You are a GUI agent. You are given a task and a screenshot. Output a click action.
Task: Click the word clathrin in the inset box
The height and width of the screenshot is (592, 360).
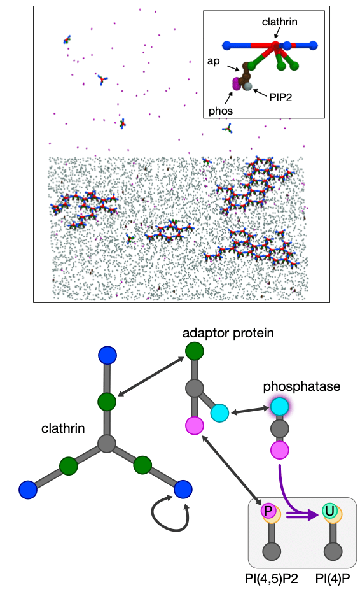[x=279, y=22]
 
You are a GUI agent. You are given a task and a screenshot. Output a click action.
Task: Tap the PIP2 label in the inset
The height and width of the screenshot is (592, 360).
[x=280, y=97]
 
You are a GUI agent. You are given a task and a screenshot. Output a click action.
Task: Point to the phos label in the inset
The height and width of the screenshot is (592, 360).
[x=220, y=111]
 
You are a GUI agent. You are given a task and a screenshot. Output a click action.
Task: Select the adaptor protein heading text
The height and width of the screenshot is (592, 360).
[x=228, y=334]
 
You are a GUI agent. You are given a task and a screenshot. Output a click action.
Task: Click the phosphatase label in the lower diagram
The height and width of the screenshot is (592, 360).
[x=301, y=386]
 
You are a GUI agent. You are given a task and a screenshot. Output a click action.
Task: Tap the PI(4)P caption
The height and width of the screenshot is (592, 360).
[x=333, y=579]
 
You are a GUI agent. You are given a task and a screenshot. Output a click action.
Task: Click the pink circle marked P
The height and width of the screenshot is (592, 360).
[x=268, y=511]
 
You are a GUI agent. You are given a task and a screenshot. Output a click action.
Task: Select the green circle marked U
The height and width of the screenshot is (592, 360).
[x=329, y=511]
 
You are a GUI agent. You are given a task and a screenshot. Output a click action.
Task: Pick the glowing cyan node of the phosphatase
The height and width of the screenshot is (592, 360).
[x=280, y=407]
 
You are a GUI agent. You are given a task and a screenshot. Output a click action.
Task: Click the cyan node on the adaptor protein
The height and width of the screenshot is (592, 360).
[x=219, y=412]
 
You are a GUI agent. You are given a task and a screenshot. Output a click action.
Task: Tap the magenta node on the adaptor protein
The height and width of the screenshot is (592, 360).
[x=195, y=426]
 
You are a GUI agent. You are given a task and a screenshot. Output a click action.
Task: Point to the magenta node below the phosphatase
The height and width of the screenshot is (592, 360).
[x=280, y=449]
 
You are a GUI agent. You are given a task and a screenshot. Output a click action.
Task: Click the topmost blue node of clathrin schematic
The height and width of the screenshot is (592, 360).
[x=107, y=355]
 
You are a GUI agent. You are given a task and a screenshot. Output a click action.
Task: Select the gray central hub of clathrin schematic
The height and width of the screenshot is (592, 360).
[x=107, y=444]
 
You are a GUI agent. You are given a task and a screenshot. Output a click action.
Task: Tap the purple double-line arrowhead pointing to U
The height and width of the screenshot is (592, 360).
[x=312, y=514]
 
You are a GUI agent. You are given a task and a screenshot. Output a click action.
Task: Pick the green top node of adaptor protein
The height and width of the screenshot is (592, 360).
[x=195, y=351]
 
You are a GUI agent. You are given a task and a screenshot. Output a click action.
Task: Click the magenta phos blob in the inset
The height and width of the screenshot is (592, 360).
[x=237, y=84]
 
